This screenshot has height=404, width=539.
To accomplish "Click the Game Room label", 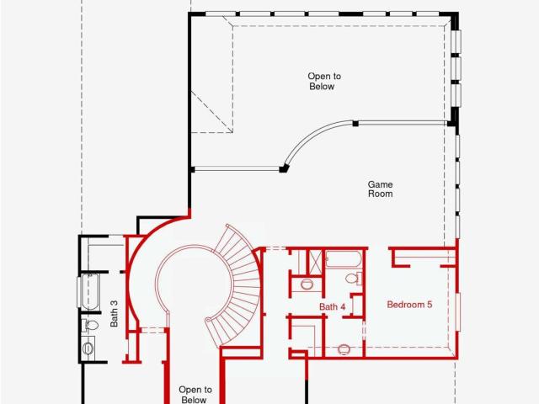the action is click(380, 189).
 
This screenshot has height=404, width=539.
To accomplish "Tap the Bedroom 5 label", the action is click(409, 305).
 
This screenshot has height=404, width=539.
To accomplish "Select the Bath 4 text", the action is click(332, 306).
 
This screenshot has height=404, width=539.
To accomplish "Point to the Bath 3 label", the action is click(115, 314).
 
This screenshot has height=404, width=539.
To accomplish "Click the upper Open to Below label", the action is click(323, 81).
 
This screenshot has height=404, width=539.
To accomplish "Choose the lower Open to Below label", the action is click(195, 395).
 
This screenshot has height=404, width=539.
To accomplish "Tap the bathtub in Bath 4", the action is click(344, 259).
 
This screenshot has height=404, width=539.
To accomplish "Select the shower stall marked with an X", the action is click(315, 262).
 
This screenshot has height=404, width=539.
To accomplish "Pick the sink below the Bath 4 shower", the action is click(307, 284).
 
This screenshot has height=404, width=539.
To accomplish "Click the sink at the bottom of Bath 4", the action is click(344, 349).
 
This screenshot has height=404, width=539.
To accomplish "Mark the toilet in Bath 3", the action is click(89, 325).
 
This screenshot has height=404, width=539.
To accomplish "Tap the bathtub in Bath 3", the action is click(90, 292).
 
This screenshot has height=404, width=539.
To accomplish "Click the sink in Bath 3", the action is click(88, 348).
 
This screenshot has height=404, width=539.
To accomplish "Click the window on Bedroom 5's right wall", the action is click(458, 312).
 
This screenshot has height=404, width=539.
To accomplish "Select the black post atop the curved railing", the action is click(355, 124).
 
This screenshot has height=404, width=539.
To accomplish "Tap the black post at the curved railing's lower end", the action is click(284, 168).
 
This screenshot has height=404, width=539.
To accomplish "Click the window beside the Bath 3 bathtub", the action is click(78, 292).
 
